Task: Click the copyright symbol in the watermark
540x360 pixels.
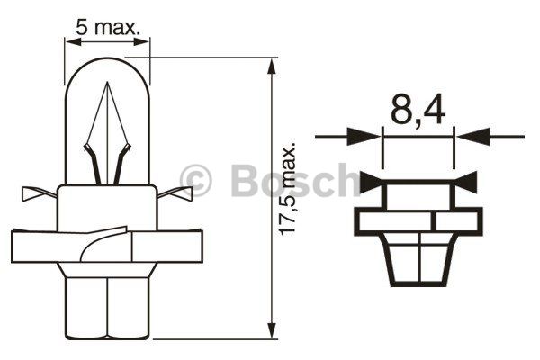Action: tap(196, 181)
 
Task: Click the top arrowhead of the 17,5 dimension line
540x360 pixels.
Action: tap(272, 67)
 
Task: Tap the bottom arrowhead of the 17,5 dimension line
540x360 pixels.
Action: tap(272, 332)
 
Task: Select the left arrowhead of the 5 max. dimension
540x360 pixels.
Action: tap(73, 42)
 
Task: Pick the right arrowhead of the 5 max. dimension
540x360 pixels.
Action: tap(141, 42)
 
